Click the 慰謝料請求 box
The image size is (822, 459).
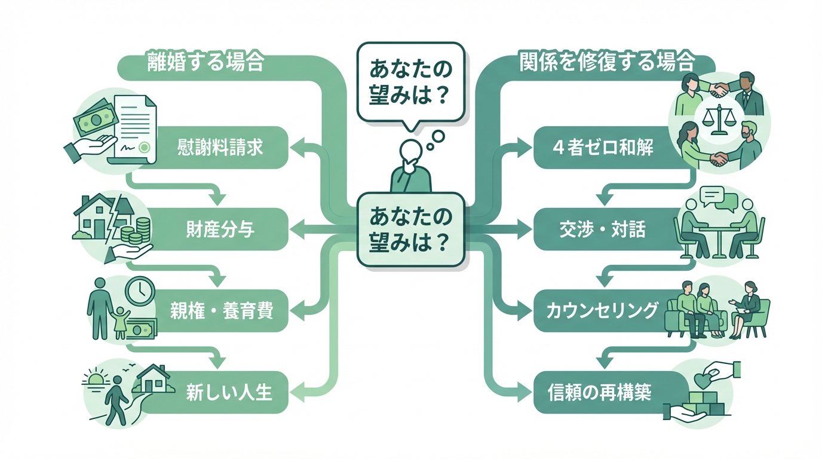click(220, 147)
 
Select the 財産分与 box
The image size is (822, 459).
click(220, 228)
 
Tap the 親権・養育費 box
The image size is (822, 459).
click(220, 311)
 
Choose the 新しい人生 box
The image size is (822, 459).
click(220, 393)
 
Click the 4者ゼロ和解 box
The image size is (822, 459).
click(603, 147)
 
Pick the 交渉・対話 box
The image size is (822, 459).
click(603, 229)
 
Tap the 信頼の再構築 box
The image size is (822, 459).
click(600, 393)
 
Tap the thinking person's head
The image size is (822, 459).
click(411, 149)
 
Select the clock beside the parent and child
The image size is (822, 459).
click(140, 292)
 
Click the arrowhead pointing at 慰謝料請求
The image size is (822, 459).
click(297, 146)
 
